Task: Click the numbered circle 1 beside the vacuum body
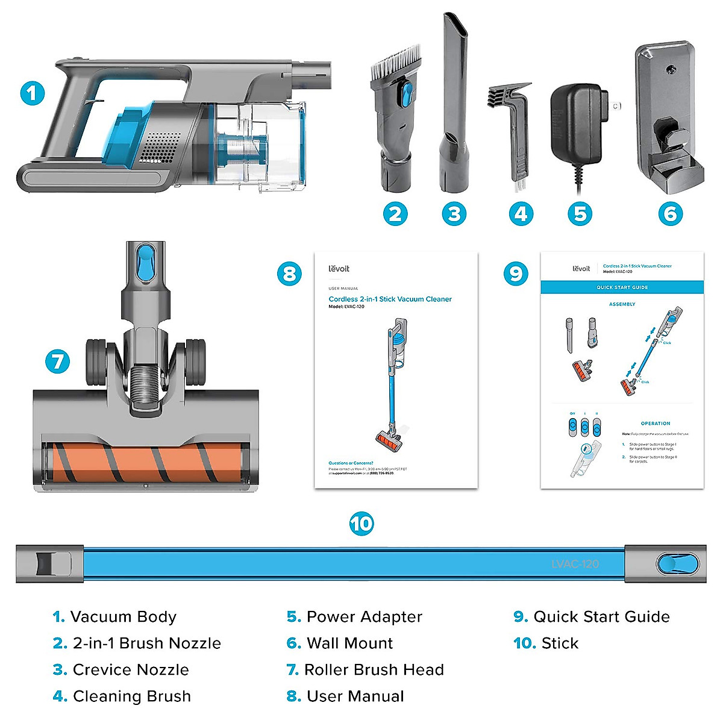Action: click(33, 93)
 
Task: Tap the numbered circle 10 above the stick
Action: click(361, 524)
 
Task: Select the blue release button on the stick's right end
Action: click(677, 565)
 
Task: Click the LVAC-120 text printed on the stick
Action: click(575, 565)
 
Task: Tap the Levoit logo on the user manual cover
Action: click(339, 269)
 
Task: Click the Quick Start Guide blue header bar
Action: click(622, 287)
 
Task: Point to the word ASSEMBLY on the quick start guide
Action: click(622, 304)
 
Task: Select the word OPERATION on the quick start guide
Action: click(656, 424)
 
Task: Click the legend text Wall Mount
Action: click(349, 643)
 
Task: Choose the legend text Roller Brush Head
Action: click(374, 670)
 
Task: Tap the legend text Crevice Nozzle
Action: click(131, 670)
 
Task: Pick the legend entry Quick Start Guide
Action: click(601, 617)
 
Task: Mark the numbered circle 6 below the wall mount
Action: click(670, 214)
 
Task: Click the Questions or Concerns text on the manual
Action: click(351, 463)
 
